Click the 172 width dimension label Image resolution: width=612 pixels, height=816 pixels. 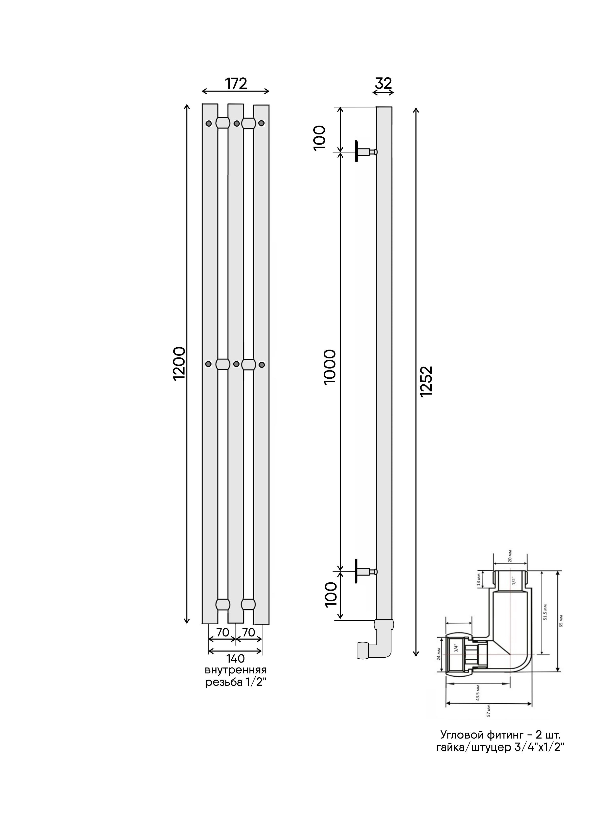(x=236, y=84)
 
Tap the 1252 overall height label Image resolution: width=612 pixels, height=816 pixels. (x=426, y=381)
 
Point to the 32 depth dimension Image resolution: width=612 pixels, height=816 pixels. (x=383, y=83)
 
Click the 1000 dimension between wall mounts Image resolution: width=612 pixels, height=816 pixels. (x=329, y=367)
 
